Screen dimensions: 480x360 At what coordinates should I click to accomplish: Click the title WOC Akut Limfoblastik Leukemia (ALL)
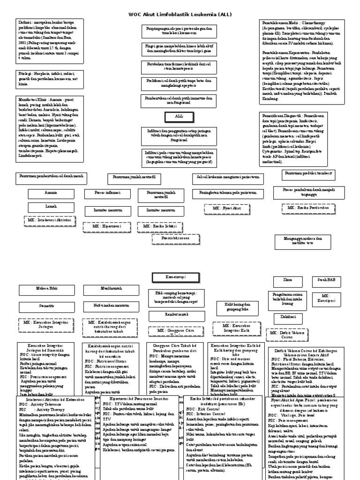(x=180, y=15)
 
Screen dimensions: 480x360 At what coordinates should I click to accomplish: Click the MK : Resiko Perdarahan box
(x=305, y=207)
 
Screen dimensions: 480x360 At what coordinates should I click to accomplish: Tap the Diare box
(x=287, y=280)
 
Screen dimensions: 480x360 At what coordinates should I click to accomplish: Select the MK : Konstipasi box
(x=326, y=299)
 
